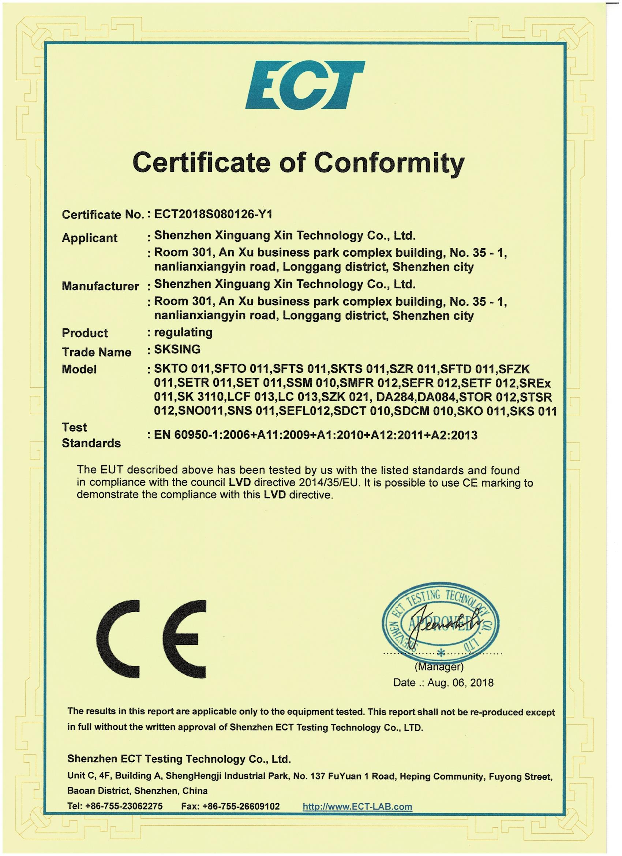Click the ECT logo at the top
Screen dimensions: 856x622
point(305,85)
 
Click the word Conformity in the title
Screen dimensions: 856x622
point(389,163)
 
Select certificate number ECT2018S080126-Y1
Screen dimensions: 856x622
point(213,215)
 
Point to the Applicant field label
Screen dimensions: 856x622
point(89,238)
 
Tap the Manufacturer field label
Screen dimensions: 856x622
point(100,286)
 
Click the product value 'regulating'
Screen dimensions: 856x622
point(183,332)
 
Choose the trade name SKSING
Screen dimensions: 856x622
point(177,350)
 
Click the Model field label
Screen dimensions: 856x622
point(79,369)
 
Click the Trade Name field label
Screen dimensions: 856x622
point(97,352)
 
